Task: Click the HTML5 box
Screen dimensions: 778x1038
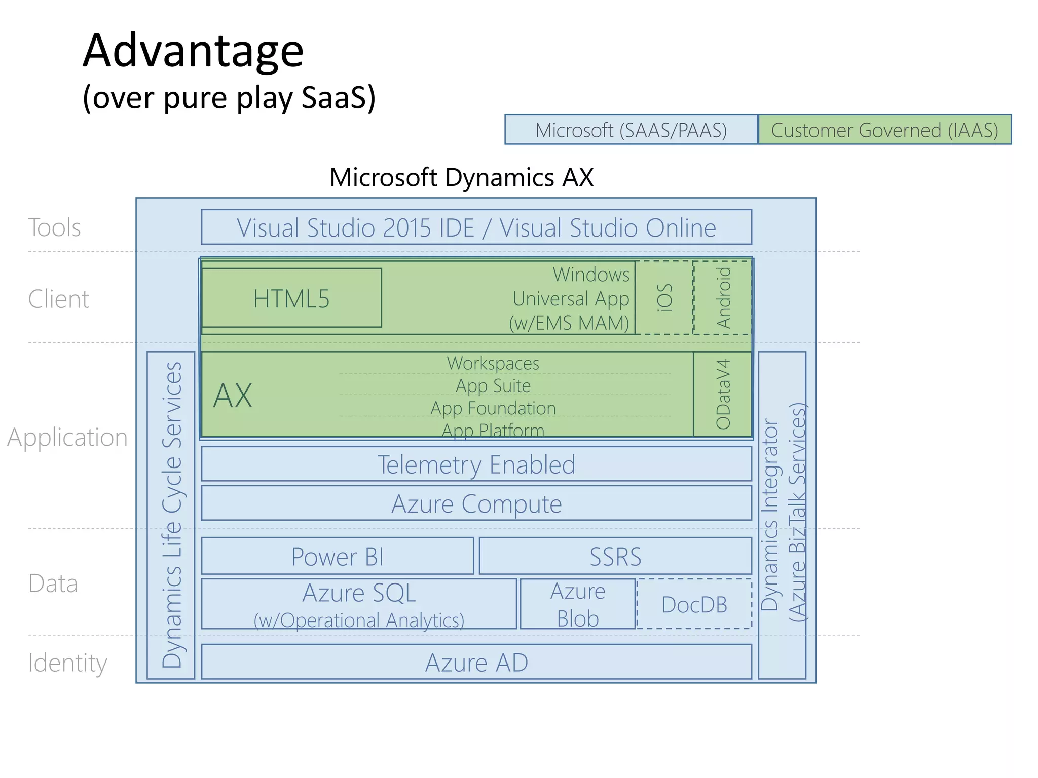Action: tap(291, 298)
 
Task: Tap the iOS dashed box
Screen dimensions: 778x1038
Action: tap(664, 297)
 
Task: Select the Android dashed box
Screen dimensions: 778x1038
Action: tap(723, 297)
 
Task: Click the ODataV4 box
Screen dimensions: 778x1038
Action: tap(723, 394)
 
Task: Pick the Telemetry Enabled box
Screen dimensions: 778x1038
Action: tap(476, 464)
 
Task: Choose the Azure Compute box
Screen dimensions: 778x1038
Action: tap(476, 503)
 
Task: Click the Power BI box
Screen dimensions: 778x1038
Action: tap(338, 556)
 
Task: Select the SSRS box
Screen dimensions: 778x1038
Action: tap(615, 556)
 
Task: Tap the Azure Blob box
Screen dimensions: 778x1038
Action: tap(578, 604)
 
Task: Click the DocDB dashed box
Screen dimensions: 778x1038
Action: tap(694, 604)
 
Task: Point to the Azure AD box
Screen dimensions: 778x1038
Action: tap(476, 662)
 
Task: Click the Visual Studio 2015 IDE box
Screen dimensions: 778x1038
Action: tap(476, 227)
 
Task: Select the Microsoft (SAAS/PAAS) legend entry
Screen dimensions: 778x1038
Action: tap(631, 130)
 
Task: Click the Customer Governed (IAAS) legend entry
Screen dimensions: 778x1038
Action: tap(884, 130)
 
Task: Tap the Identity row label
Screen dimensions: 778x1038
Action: tap(67, 663)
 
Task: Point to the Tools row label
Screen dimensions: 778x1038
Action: tap(54, 227)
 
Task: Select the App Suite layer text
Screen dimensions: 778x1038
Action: tap(493, 386)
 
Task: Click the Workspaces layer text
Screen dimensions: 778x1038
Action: tap(493, 363)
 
